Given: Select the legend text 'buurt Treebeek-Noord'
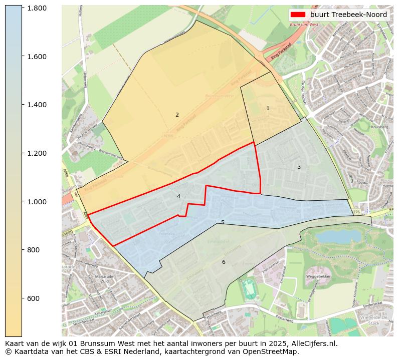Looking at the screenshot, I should coord(348,15).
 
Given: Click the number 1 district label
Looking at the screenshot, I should coord(268,108).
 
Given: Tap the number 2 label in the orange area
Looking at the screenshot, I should coord(177,115).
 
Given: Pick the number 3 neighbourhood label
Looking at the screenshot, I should coord(299,167).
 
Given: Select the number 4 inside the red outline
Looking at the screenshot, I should coord(178,197).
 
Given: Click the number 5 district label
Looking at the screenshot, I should coord(223,222).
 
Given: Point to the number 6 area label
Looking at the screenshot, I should coord(224,262).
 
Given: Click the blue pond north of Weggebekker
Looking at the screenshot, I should coord(331,236).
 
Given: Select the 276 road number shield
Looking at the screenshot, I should coord(356,212).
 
